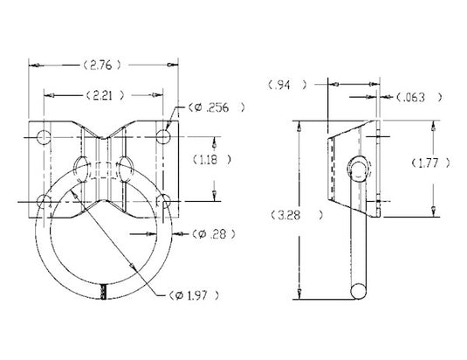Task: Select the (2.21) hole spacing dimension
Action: (103, 93)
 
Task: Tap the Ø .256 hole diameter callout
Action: (213, 107)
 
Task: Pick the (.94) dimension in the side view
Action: (285, 85)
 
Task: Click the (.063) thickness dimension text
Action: (417, 96)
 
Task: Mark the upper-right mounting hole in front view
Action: (163, 135)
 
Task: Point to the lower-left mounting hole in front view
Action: (44, 202)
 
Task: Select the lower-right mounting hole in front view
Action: (163, 202)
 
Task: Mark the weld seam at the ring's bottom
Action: (104, 294)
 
